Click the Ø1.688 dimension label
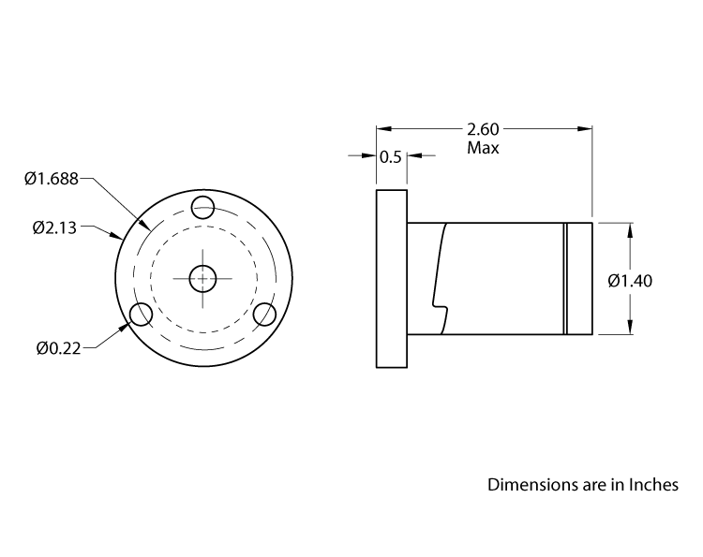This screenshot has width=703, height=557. (x=52, y=178)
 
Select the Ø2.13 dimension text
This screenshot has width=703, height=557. (x=55, y=227)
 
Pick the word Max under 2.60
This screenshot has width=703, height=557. (x=483, y=148)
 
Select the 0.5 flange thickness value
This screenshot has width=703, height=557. (x=391, y=157)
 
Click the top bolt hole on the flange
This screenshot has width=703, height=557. (x=202, y=206)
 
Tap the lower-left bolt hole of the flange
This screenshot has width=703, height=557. (x=141, y=315)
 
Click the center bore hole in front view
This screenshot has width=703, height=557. (x=202, y=278)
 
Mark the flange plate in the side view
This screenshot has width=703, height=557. (x=392, y=278)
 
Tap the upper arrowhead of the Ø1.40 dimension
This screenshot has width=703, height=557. (x=629, y=228)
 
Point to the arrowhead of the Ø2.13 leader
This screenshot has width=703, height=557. (x=117, y=238)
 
